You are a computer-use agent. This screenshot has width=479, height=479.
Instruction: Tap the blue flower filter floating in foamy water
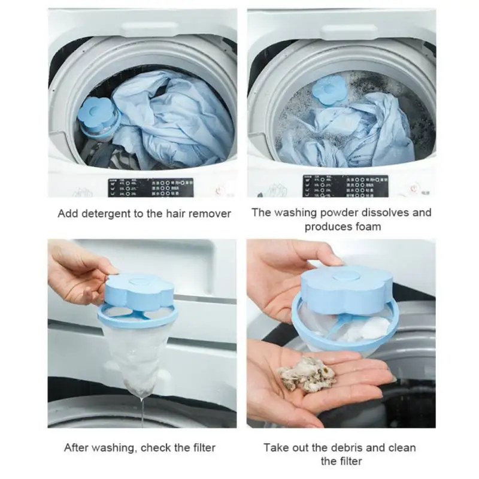[x=328, y=93]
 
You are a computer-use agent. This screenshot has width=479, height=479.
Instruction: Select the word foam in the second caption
[x=368, y=227]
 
